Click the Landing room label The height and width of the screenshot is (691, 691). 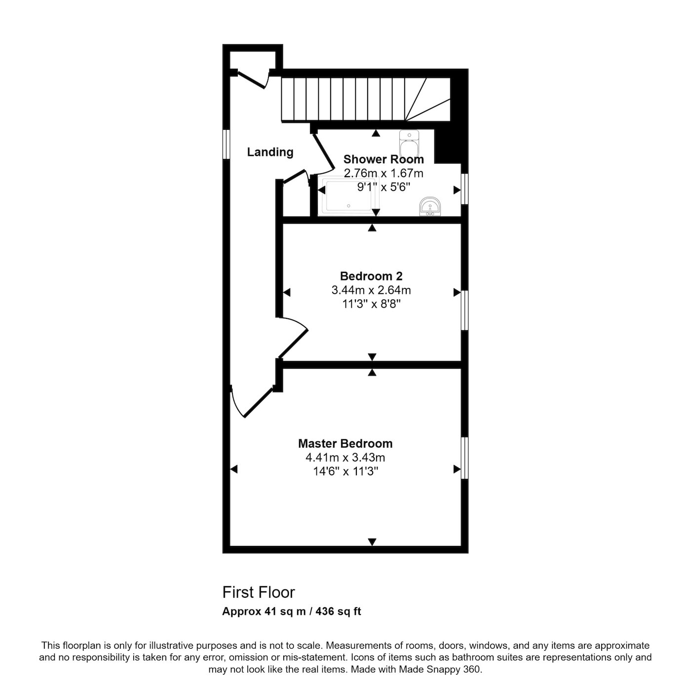pyautogui.click(x=270, y=153)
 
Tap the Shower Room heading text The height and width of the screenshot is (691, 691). pyautogui.click(x=384, y=159)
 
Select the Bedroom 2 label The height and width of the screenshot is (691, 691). pyautogui.click(x=371, y=276)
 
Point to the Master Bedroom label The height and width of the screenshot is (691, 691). pyautogui.click(x=345, y=444)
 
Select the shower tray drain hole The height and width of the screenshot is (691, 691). pyautogui.click(x=348, y=206)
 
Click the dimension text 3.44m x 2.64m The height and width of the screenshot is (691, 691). pyautogui.click(x=371, y=290)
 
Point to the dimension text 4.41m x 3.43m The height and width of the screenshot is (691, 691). pyautogui.click(x=345, y=458)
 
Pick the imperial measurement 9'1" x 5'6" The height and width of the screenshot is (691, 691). pyautogui.click(x=384, y=187)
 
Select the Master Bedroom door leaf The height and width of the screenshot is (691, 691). pyautogui.click(x=259, y=403)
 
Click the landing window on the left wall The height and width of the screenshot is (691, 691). pyautogui.click(x=226, y=144)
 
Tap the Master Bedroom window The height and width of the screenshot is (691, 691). pyautogui.click(x=464, y=458)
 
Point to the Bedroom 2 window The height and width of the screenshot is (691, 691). pyautogui.click(x=464, y=310)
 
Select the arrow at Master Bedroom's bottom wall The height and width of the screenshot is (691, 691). pyautogui.click(x=372, y=542)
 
